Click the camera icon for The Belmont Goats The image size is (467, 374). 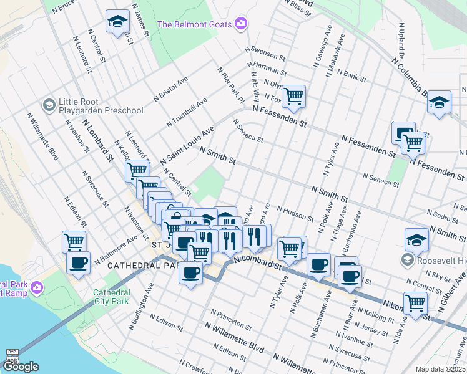[x=241, y=24]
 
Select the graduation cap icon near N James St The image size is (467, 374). [x=117, y=22]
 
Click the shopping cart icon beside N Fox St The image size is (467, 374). [x=293, y=96]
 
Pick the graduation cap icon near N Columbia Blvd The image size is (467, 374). [x=439, y=102]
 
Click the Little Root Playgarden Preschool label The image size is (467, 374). [x=101, y=106]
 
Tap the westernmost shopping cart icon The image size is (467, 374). [x=74, y=241]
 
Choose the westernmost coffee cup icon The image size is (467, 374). [x=78, y=263]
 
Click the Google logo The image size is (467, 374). [x=21, y=367]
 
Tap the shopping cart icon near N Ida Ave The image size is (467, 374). [x=415, y=303]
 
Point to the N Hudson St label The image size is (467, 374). [x=295, y=214]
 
